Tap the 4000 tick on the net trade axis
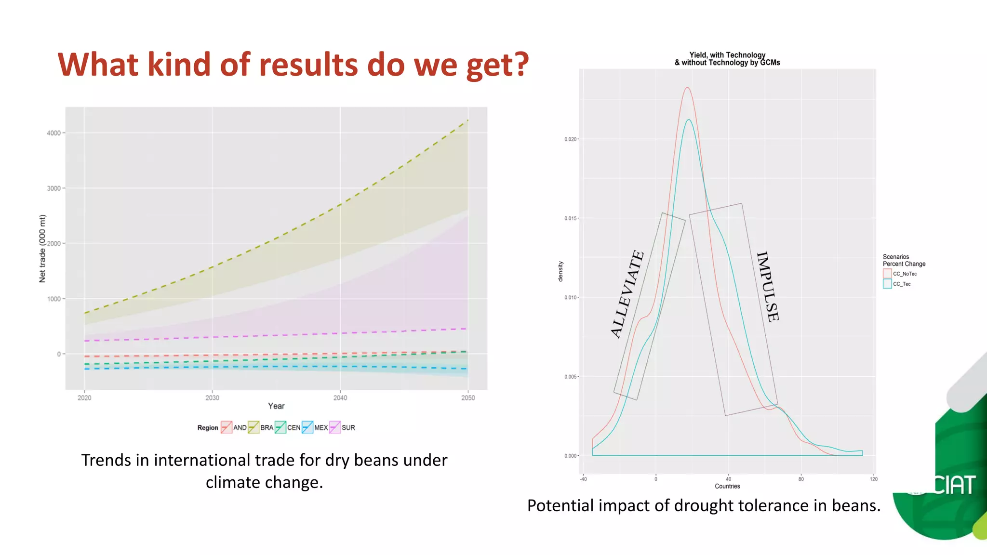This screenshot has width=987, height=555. [x=54, y=133]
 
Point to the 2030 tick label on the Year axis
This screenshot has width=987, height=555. [x=212, y=398]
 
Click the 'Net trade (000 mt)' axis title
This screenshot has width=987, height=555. [x=42, y=249]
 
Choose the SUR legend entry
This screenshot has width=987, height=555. [x=342, y=427]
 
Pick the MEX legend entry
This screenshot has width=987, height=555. [x=315, y=427]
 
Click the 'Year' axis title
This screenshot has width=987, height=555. [x=276, y=406]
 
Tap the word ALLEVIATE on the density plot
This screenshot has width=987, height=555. [x=627, y=294]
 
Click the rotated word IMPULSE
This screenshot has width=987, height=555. [x=767, y=287]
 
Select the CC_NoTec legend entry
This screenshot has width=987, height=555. [x=900, y=274]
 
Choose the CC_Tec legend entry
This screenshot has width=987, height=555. [x=897, y=284]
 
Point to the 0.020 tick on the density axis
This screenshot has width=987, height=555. [x=570, y=139]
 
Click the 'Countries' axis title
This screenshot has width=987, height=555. [x=727, y=486]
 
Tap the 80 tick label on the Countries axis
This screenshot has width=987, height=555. [x=801, y=479]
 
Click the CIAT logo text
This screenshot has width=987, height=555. [x=954, y=485]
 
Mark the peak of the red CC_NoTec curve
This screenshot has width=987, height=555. [x=687, y=88]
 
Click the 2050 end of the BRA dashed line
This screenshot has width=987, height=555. [x=467, y=120]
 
